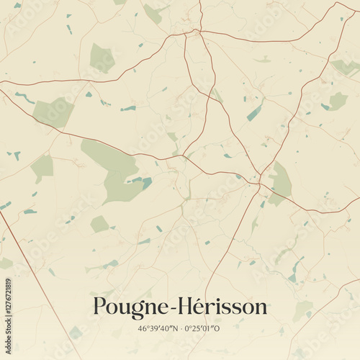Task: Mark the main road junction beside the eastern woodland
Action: click(x=259, y=182)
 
